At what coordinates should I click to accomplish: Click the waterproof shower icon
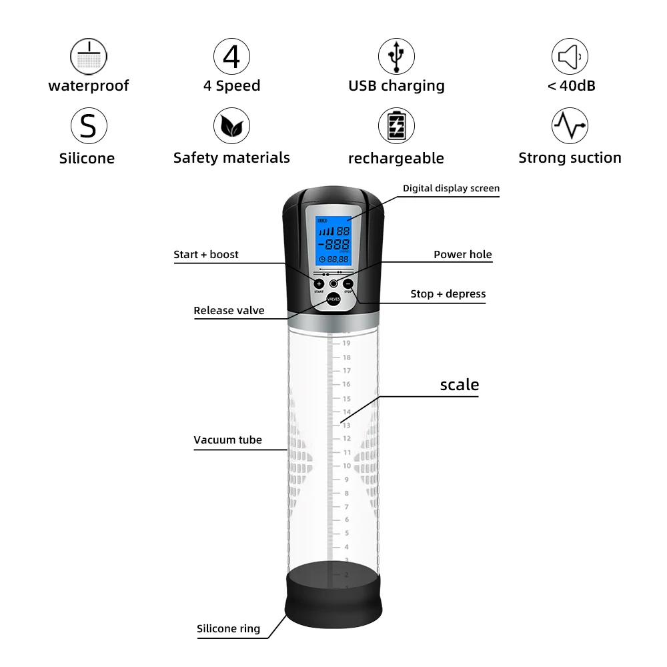[x=88, y=56]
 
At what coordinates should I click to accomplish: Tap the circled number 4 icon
[x=231, y=56]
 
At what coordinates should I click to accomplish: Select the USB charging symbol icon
[x=396, y=56]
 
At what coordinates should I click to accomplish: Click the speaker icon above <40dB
[x=570, y=56]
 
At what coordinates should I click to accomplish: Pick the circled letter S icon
[x=88, y=126]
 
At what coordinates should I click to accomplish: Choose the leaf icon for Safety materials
[x=231, y=126]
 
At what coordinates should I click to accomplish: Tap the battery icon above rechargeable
[x=396, y=126]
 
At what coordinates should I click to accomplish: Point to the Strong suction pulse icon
[x=570, y=126]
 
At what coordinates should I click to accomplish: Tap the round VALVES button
[x=333, y=299]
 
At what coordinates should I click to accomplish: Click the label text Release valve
[x=229, y=310]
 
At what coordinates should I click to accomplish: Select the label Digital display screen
[x=451, y=188]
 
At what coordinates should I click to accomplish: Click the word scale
[x=459, y=385]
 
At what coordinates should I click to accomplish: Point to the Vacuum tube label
[x=227, y=440]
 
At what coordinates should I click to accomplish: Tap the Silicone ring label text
[x=228, y=628]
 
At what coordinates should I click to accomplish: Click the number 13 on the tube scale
[x=346, y=425]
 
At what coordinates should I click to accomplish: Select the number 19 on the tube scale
[x=346, y=343]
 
